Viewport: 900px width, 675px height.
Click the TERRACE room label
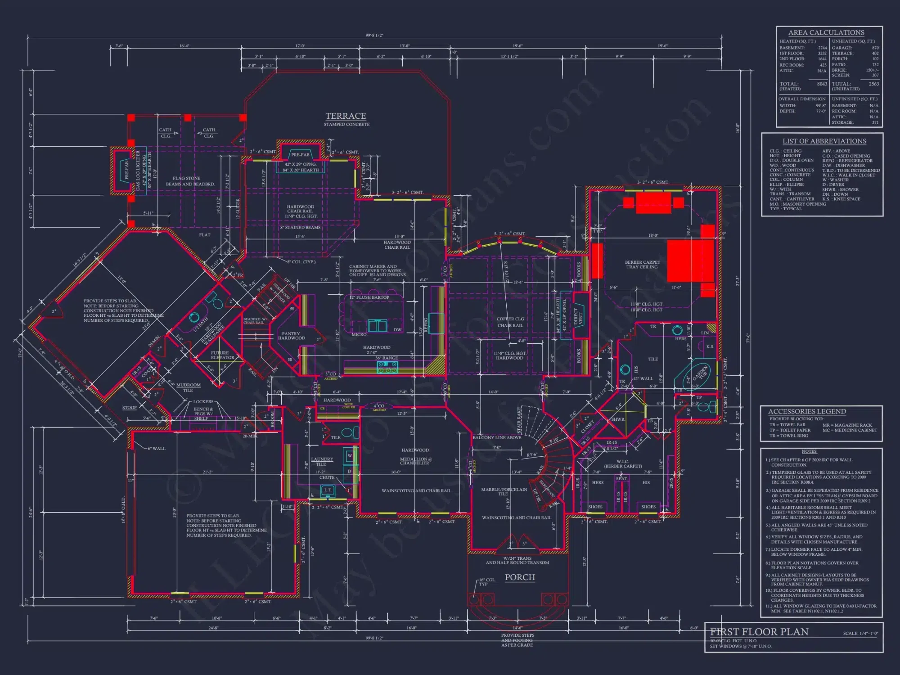(x=346, y=116)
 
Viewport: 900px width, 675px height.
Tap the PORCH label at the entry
(x=520, y=577)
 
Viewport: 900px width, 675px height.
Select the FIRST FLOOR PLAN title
(x=759, y=632)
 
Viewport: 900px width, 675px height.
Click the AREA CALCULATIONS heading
(x=826, y=33)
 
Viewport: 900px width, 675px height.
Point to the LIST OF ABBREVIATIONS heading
(x=824, y=141)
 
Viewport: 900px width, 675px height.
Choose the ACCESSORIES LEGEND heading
(x=807, y=412)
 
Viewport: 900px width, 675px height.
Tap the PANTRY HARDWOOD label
(x=291, y=336)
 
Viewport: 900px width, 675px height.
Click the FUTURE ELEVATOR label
(x=222, y=355)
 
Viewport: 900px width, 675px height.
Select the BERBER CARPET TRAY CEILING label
(x=642, y=265)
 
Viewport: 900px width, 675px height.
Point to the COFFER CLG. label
(x=511, y=319)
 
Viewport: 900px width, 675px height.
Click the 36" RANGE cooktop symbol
(x=387, y=367)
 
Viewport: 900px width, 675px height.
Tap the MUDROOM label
(x=188, y=385)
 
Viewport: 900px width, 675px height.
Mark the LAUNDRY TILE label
(x=322, y=462)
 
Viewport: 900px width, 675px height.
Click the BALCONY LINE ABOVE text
(x=497, y=437)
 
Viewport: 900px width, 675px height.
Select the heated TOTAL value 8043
(x=822, y=84)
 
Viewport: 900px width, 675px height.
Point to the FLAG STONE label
(x=186, y=179)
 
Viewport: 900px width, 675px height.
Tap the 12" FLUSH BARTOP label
(x=370, y=297)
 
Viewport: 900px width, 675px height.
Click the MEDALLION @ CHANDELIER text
(x=415, y=461)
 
